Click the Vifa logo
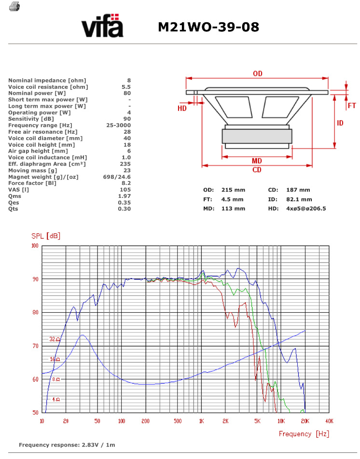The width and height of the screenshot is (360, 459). click(x=102, y=25)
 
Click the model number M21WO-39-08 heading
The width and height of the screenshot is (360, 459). click(x=208, y=27)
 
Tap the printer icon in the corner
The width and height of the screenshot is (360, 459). click(x=14, y=6)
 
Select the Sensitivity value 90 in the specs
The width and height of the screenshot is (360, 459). click(x=127, y=119)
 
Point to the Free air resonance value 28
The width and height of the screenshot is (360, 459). click(x=127, y=132)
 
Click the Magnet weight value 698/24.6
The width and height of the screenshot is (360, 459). click(x=117, y=177)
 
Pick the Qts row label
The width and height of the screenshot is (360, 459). click(x=13, y=209)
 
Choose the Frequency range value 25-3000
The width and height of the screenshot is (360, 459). click(x=118, y=125)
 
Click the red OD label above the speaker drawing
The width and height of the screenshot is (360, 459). click(x=258, y=73)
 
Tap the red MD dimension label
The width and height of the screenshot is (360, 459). click(x=257, y=161)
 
